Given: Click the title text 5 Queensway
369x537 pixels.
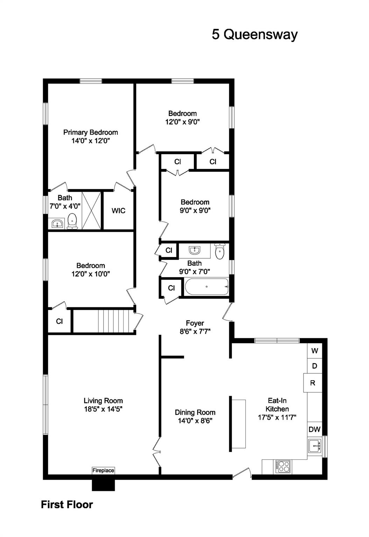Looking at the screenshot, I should point(255,34).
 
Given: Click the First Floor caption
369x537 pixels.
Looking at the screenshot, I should point(67,504).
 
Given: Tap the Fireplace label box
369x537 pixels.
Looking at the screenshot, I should point(103,471).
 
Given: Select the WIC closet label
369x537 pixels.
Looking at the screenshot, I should point(118,211).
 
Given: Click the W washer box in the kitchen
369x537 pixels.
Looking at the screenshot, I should point(315,351).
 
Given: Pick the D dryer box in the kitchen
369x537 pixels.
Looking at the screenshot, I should point(315,366).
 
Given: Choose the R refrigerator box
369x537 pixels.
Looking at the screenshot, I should point(313,383).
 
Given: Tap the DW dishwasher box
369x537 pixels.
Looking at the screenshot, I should point(314,429).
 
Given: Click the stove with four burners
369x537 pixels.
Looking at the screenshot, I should point(283,466).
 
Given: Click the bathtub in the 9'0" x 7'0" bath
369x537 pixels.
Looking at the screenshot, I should point(207,287).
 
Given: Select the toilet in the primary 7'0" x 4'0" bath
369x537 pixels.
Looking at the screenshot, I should point(72,221).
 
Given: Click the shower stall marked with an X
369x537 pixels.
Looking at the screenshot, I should point(91,210).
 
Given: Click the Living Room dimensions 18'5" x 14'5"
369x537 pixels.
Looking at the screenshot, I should point(103,409).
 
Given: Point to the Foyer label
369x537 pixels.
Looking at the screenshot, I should point(195,323).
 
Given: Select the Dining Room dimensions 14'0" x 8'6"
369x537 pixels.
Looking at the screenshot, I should point(195,421).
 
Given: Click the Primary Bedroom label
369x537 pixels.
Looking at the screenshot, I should point(90,132).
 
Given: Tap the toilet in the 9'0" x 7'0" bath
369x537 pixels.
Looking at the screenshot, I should point(220,252).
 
